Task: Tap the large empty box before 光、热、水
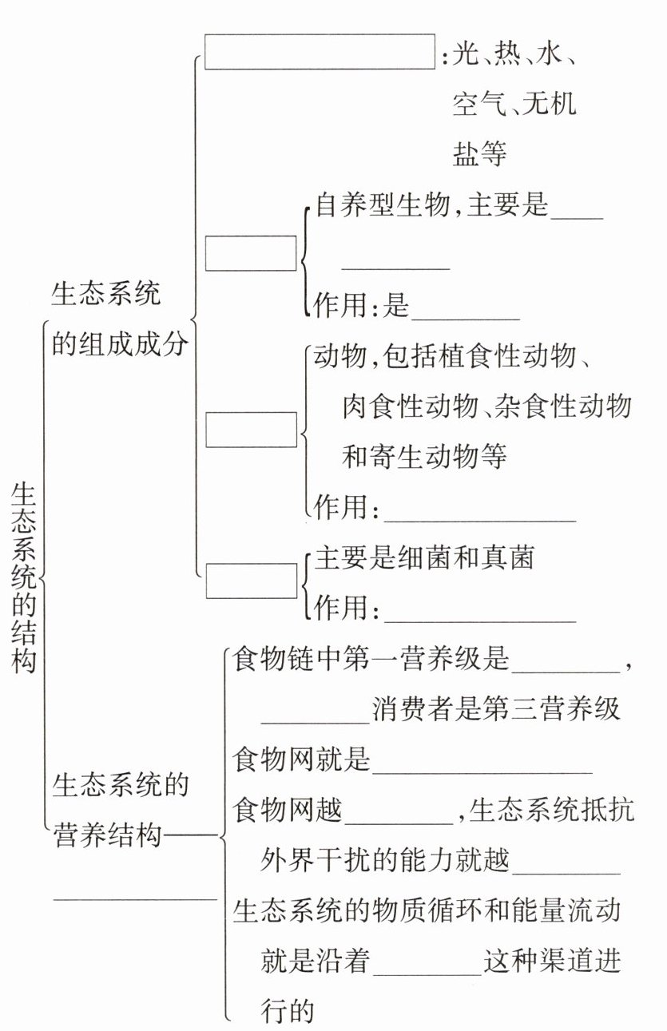pyautogui.click(x=320, y=52)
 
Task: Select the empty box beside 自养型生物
pyautogui.click(x=251, y=253)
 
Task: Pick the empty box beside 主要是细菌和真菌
pyautogui.click(x=251, y=581)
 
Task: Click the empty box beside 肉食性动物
pyautogui.click(x=251, y=430)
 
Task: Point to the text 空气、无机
pyautogui.click(x=514, y=104)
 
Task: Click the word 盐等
pyautogui.click(x=479, y=153)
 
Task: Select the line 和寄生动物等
pyautogui.click(x=424, y=457)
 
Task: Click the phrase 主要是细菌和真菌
pyautogui.click(x=424, y=557)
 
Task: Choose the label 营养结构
pyautogui.click(x=107, y=836)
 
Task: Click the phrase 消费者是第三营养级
pyautogui.click(x=496, y=709)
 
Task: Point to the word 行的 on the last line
pyautogui.click(x=288, y=1011)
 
